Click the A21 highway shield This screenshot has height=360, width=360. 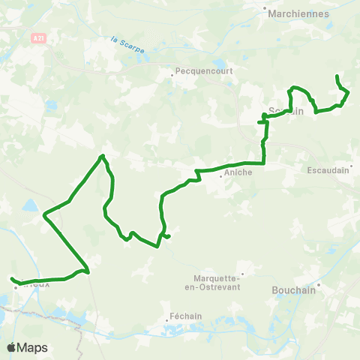point(39,36)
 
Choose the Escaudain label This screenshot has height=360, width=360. point(329,170)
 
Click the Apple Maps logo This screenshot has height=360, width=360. point(28,347)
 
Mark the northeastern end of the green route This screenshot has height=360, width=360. point(337,76)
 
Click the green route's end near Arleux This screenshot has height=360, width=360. point(13,280)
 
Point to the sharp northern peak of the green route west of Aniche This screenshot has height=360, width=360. point(101,156)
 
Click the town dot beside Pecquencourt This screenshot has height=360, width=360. point(172,72)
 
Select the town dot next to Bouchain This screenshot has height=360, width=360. point(319,285)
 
